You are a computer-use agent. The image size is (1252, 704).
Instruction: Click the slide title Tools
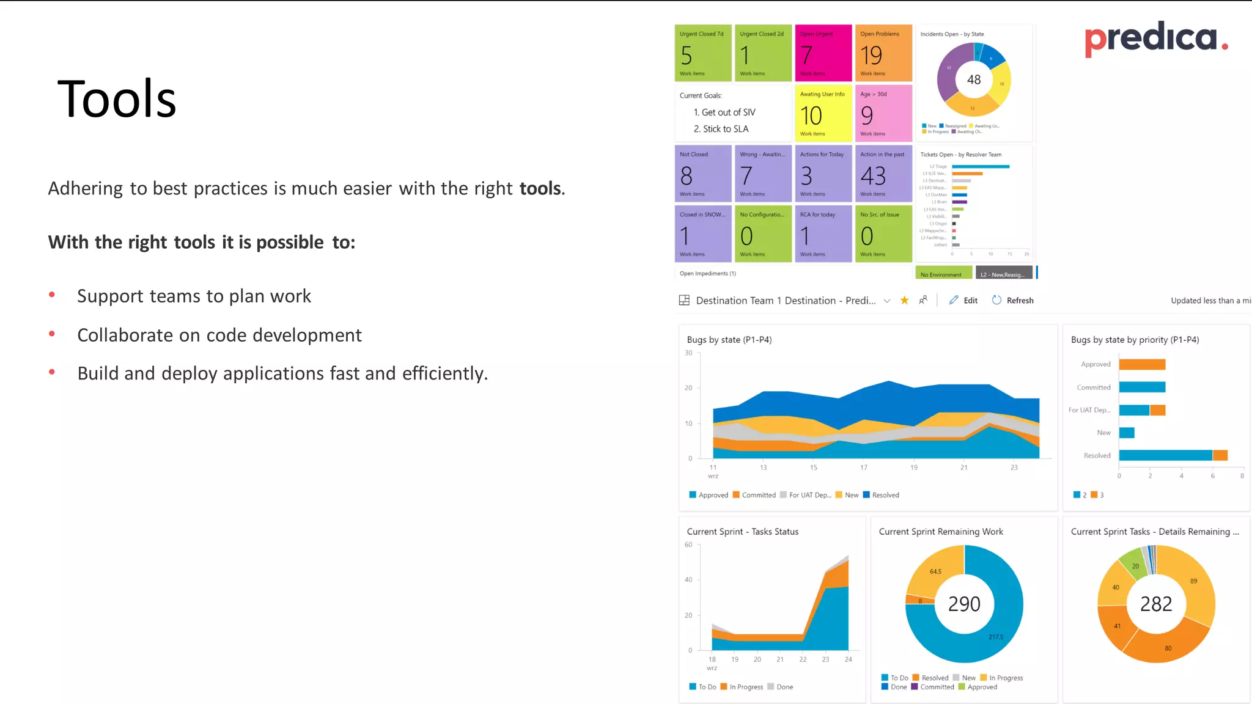point(117,100)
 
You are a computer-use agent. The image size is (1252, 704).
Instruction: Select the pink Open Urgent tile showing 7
point(823,53)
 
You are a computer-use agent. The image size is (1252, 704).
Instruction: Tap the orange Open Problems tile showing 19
point(883,53)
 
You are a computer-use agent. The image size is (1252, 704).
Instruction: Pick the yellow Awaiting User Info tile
point(823,114)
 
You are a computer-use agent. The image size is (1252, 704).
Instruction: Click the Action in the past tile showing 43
point(883,174)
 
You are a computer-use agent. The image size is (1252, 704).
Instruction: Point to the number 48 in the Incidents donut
point(974,79)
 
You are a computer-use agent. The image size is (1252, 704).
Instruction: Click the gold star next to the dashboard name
point(904,300)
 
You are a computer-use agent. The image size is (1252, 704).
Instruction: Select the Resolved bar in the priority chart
point(1165,455)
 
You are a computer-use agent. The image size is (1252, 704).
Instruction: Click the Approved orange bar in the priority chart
point(1142,364)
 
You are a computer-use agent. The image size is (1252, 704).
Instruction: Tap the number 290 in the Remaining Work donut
point(964,604)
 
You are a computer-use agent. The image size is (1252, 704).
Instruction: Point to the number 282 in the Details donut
point(1156,604)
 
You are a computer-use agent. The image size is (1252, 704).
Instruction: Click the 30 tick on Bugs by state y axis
point(688,353)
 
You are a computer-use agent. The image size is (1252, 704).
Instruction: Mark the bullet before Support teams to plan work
point(53,295)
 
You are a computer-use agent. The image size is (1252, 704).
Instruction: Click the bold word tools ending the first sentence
point(540,188)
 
